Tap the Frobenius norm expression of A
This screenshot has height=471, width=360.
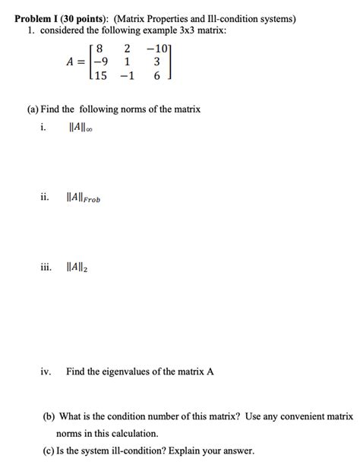84,198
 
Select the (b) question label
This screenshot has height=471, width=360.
49,416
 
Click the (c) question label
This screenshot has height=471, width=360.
49,450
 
